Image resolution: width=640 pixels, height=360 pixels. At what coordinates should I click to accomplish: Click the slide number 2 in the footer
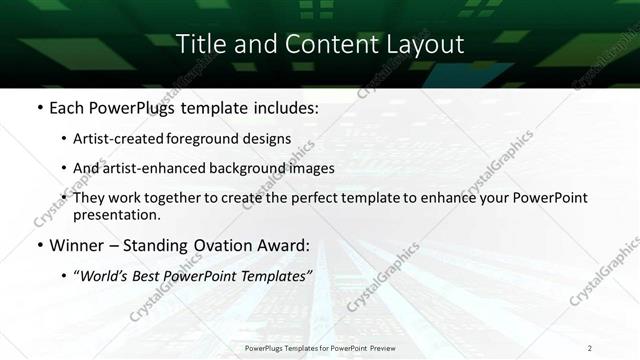[x=590, y=348]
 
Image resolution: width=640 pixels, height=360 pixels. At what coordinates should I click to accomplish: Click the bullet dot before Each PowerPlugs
[x=39, y=107]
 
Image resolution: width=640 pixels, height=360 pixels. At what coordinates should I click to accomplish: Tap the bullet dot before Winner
[x=39, y=245]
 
